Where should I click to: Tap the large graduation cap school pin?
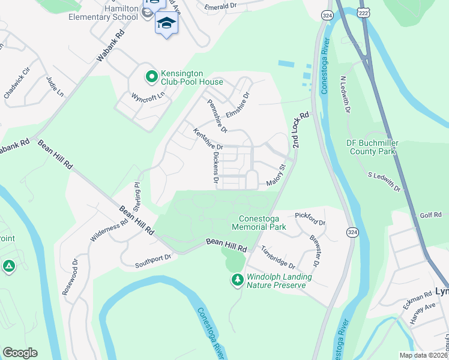pyautogui.click(x=166, y=23)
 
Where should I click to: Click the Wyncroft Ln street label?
pyautogui.click(x=148, y=96)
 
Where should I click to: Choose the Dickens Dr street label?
pyautogui.click(x=215, y=167)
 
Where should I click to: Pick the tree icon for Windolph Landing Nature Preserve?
pyautogui.click(x=238, y=280)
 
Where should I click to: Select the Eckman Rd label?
pyautogui.click(x=418, y=299)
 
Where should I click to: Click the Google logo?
pyautogui.click(x=20, y=353)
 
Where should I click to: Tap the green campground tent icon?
pyautogui.click(x=9, y=266)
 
